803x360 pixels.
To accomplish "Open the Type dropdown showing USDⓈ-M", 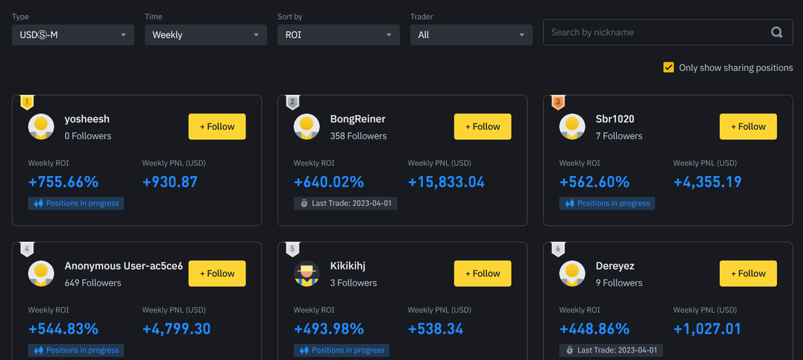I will pyautogui.click(x=73, y=35).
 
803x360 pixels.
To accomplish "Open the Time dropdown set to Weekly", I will pyautogui.click(x=205, y=35).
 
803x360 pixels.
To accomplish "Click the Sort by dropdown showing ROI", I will pyautogui.click(x=339, y=35).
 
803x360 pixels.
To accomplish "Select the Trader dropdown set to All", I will pyautogui.click(x=471, y=35).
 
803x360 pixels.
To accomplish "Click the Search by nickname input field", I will pyautogui.click(x=656, y=32).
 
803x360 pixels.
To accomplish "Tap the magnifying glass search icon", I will pyautogui.click(x=776, y=32).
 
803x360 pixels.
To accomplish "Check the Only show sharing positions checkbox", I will pyautogui.click(x=668, y=68).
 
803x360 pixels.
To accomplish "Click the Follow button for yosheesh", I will pyautogui.click(x=217, y=126).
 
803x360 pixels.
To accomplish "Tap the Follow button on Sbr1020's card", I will pyautogui.click(x=748, y=126).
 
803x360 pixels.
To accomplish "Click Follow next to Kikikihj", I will pyautogui.click(x=482, y=274).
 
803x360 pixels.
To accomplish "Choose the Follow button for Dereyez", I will pyautogui.click(x=748, y=274).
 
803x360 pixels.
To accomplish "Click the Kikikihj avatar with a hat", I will pyautogui.click(x=306, y=274).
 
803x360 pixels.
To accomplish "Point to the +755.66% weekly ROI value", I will pyautogui.click(x=64, y=182).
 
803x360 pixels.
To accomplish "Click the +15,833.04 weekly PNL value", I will pyautogui.click(x=446, y=182).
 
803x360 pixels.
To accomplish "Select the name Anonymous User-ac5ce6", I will pyautogui.click(x=124, y=266).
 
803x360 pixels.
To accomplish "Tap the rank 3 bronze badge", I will pyautogui.click(x=558, y=102).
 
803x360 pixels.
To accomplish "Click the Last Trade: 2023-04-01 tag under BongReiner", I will pyautogui.click(x=345, y=203).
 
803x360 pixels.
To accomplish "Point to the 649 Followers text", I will pyautogui.click(x=93, y=283).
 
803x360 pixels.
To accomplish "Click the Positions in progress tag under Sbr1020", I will pyautogui.click(x=607, y=203).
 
